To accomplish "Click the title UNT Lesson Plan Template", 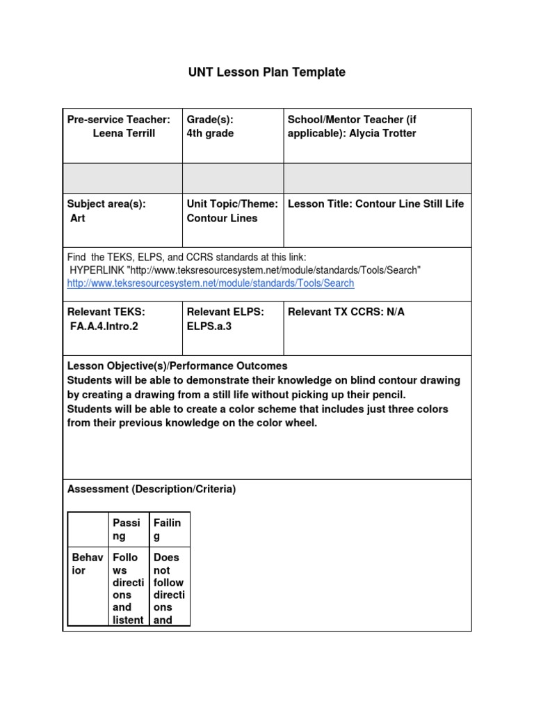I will click(267, 72).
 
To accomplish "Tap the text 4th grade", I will click(210, 134).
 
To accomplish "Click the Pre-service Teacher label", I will click(118, 120).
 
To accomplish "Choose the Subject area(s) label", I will click(106, 204).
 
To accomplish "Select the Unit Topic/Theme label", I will click(232, 204).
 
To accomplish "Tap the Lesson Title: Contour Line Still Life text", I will click(375, 204).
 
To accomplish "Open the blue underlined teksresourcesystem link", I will click(211, 283).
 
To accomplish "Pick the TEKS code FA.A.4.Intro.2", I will click(104, 326).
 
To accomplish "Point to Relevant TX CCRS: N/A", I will click(346, 312).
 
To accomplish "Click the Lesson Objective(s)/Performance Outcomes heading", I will click(177, 366).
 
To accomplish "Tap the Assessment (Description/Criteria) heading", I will click(152, 489).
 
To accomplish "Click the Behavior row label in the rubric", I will click(88, 564).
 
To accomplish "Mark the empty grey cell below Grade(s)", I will click(232, 178).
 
